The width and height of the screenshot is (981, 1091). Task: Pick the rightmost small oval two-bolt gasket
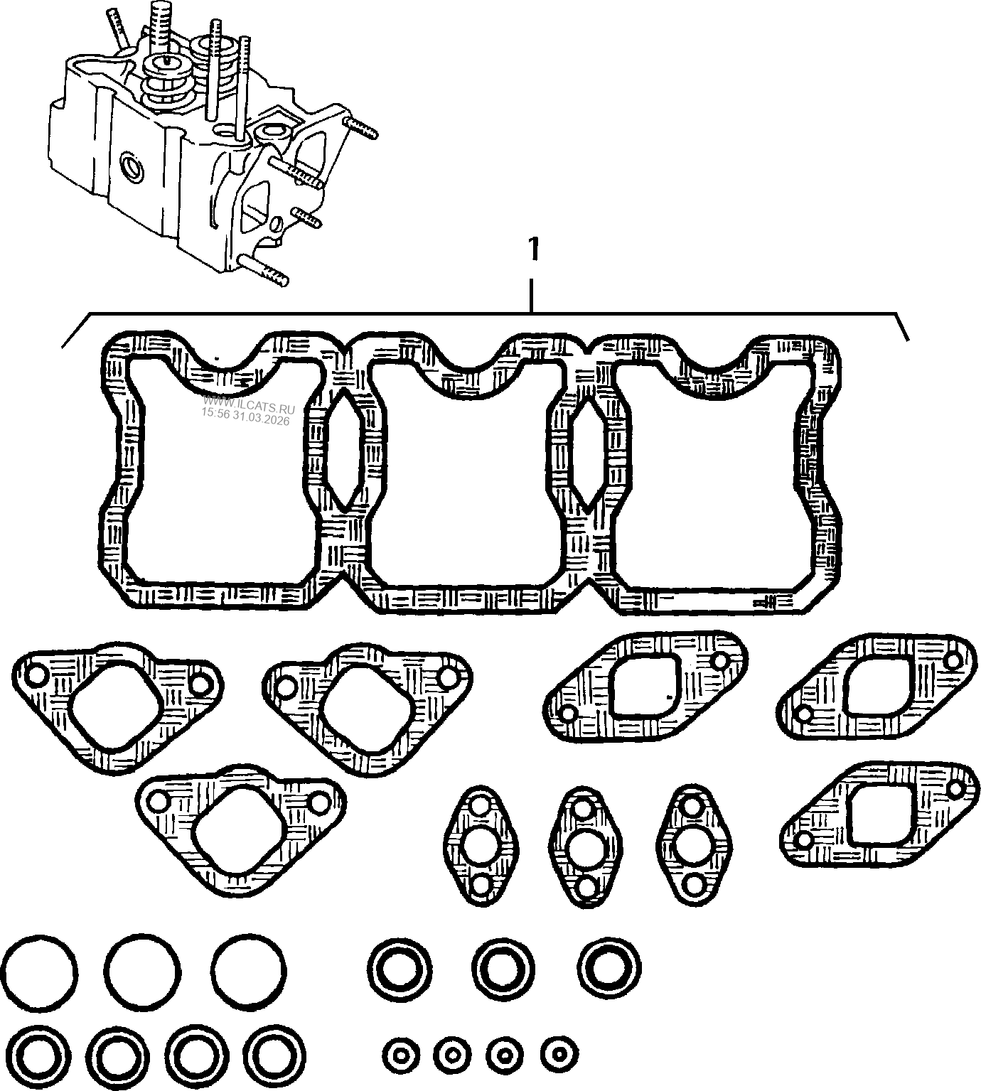(x=693, y=845)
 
